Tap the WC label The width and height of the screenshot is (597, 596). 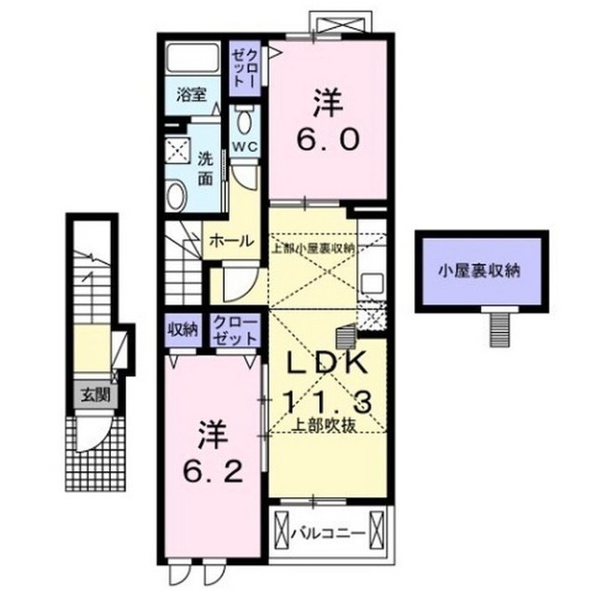point(244,147)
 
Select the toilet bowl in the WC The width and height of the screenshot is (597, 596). point(244,118)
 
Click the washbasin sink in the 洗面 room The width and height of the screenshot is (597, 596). point(177,193)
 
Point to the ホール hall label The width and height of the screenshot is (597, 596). point(231,241)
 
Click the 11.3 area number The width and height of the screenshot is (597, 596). point(326,401)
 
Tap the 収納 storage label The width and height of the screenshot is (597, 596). point(183,328)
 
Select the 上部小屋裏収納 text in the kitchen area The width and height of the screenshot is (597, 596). point(312,248)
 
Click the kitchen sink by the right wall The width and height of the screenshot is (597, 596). point(372,283)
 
